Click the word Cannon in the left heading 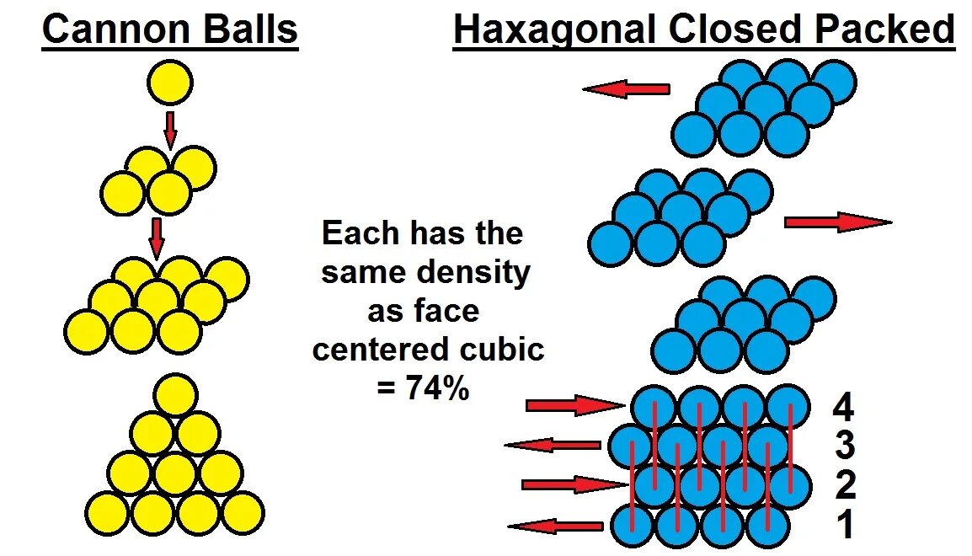[104, 29]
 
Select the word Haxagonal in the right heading [555, 29]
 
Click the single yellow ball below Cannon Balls [169, 83]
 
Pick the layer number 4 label [843, 409]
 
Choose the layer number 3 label [844, 446]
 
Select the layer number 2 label [844, 485]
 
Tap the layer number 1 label [846, 525]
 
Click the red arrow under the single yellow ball [170, 129]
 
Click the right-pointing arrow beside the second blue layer [837, 222]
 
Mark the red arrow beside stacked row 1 [556, 527]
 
